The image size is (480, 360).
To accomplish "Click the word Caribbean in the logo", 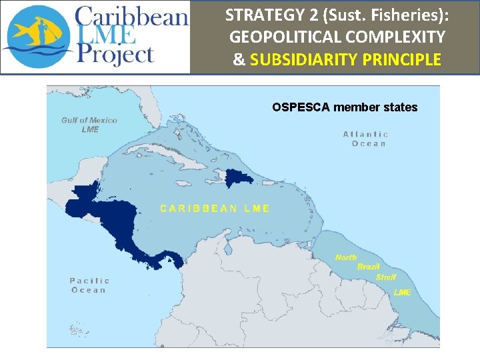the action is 131,16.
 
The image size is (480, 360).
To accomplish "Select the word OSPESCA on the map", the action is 301,107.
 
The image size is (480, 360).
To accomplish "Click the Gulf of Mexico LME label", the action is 89,125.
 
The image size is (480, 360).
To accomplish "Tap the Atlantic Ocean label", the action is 365,139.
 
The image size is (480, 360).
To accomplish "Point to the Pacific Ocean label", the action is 89,285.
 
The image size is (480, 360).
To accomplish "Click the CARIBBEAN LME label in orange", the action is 215,208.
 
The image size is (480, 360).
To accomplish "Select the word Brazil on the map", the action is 367,267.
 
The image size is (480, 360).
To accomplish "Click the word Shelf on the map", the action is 386,277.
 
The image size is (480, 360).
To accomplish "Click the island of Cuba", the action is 167,153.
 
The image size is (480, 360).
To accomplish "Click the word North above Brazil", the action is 346,257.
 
